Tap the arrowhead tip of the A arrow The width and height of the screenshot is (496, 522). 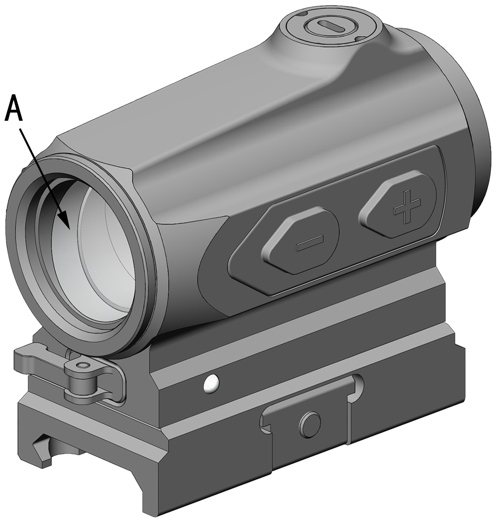click(69, 229)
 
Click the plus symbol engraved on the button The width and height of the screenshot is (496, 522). click(407, 206)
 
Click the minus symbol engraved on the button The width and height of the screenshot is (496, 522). click(310, 242)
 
